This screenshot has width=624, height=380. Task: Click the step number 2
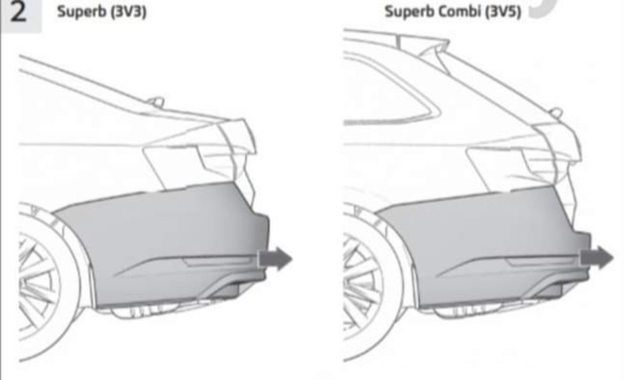18,12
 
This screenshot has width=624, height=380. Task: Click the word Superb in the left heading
82,11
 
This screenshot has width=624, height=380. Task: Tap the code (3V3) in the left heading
129,11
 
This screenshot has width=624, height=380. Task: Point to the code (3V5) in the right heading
503,11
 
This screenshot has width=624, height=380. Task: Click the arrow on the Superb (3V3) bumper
275,258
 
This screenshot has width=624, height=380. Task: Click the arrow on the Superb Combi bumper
597,257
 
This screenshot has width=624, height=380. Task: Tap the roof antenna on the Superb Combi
557,113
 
